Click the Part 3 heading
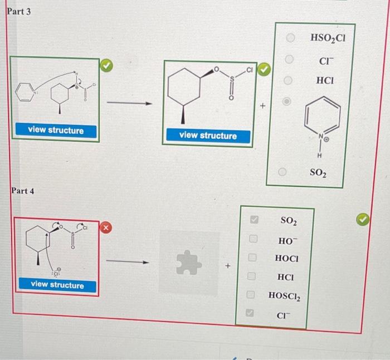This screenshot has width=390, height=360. pos(19,11)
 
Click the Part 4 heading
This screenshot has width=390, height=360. pos(23,191)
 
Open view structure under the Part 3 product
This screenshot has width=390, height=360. pos(208,135)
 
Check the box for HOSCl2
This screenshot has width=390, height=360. pos(251,295)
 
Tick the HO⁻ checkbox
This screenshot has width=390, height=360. pos(251,240)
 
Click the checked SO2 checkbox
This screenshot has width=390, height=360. pos(251,221)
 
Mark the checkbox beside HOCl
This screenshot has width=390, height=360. pos(251,258)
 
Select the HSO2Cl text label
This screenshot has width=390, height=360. pos(327,38)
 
